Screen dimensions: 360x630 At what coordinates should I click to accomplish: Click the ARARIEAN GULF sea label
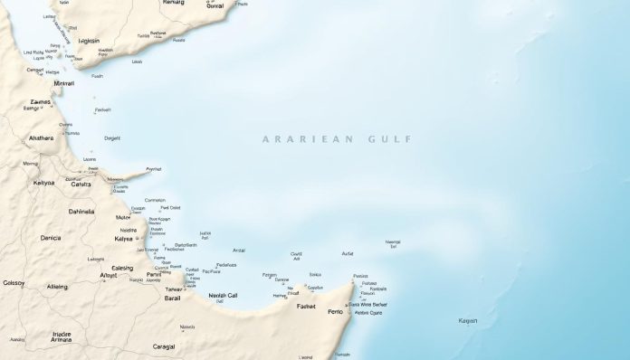[x=336, y=139]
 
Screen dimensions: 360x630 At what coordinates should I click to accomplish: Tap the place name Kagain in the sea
[x=468, y=321]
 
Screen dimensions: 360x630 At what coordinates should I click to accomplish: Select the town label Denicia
[x=44, y=238]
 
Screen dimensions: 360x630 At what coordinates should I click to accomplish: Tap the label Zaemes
[x=41, y=103]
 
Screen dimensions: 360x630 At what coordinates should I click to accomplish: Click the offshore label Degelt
[x=112, y=138]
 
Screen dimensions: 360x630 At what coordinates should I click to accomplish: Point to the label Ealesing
[x=115, y=268]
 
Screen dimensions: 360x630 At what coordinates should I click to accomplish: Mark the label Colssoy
[x=13, y=283]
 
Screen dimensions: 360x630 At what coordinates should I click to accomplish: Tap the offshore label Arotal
[x=239, y=251]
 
